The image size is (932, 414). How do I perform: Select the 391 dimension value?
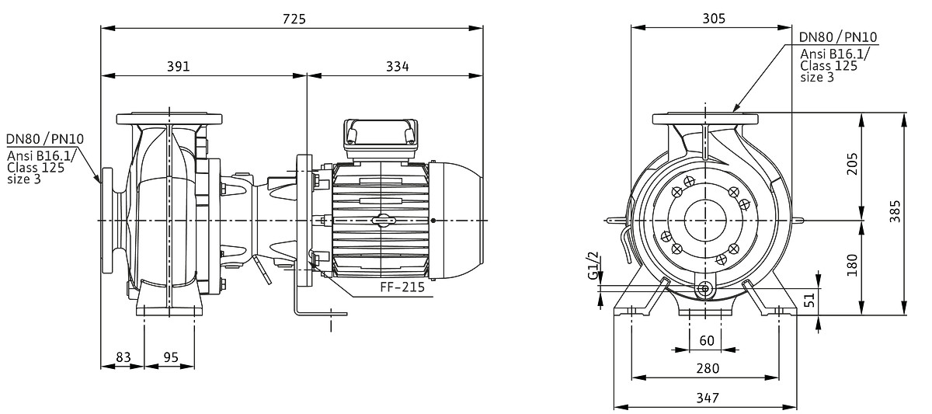(179, 67)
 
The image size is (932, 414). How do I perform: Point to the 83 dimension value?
(123, 357)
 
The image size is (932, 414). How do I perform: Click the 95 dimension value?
(170, 357)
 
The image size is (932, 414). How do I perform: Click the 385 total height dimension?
(895, 210)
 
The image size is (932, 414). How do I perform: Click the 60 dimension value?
(706, 341)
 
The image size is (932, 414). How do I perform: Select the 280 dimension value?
(706, 368)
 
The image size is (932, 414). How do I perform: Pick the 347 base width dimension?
(706, 398)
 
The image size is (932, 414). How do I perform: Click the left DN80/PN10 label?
(45, 140)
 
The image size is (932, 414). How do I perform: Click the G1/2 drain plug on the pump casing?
(704, 290)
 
